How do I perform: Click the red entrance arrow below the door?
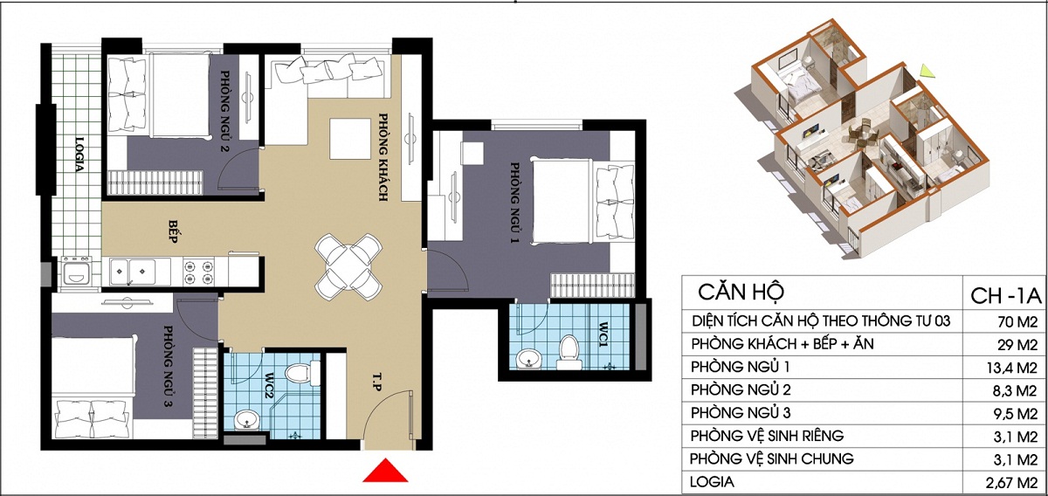[385, 471]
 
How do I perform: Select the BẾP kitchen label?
[173, 231]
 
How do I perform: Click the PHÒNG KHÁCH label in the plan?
[383, 157]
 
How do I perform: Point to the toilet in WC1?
[569, 352]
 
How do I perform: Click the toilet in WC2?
[298, 374]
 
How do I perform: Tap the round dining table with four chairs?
[348, 266]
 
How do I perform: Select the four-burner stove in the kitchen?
[198, 272]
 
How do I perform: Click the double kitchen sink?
[133, 272]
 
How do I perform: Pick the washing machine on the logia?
[76, 272]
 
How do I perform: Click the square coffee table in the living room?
[350, 139]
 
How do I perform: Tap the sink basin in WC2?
[246, 420]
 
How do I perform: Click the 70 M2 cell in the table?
[1017, 322]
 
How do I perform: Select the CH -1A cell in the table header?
[1005, 296]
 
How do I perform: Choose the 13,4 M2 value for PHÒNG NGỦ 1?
[1012, 368]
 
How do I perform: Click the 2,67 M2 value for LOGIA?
[1012, 482]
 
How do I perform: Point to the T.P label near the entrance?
[377, 381]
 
